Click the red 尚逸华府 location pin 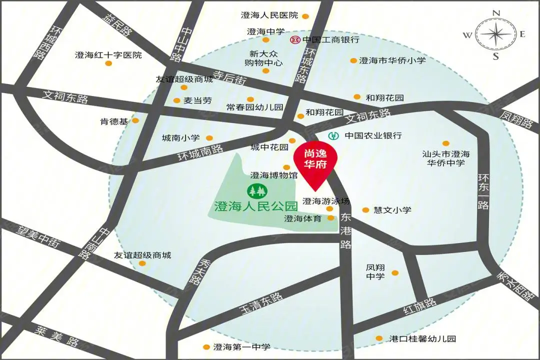(x=315, y=163)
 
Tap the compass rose (x=495, y=34)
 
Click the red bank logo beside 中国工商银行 (x=295, y=39)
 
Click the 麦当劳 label (x=197, y=100)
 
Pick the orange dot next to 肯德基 (x=135, y=120)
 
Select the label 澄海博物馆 (x=274, y=175)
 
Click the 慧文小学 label (x=392, y=210)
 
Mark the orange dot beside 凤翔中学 (x=395, y=273)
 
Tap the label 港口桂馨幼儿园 (x=422, y=338)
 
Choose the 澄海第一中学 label (x=241, y=347)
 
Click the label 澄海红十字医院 (x=108, y=55)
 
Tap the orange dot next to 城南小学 (x=209, y=138)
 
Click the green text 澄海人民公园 (x=255, y=205)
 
